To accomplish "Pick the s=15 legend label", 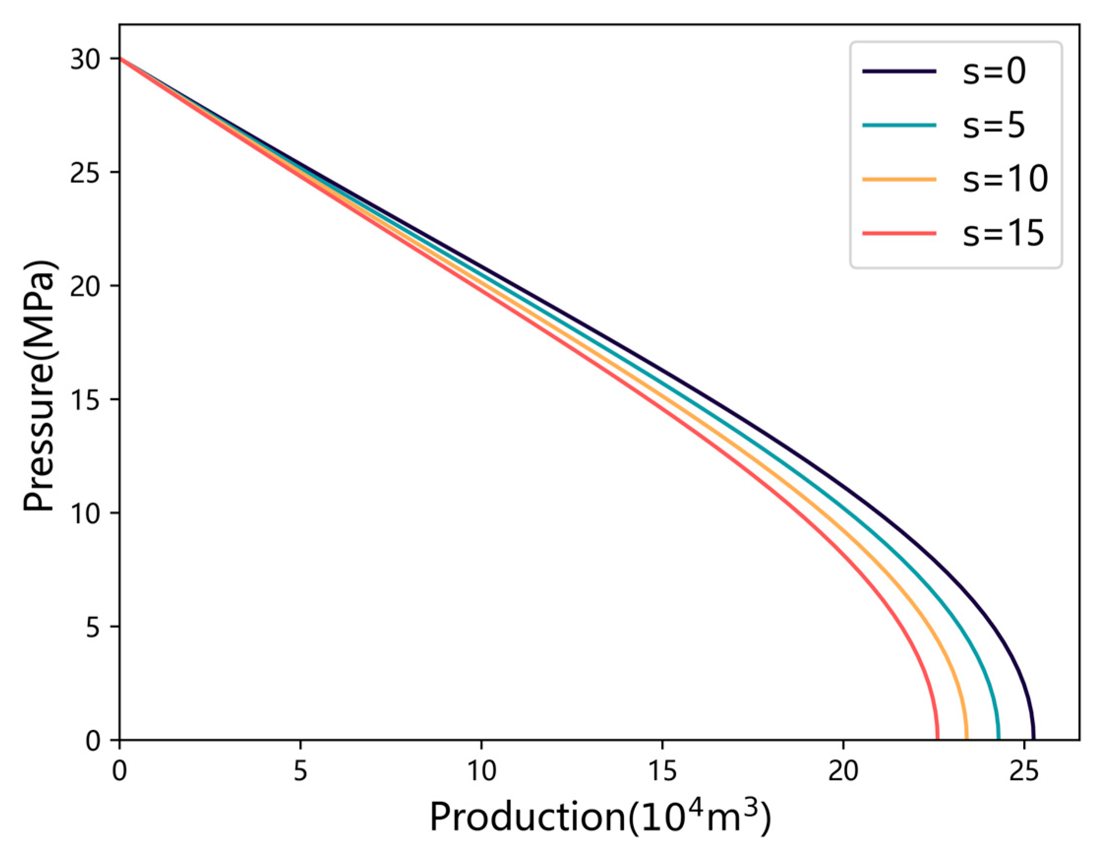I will (1003, 233).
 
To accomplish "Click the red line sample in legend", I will (899, 233).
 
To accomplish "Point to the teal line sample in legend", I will (899, 125).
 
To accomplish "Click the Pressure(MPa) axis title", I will (39, 387).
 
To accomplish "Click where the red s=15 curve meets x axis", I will (937, 739).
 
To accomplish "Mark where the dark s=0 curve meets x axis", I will (1033, 739).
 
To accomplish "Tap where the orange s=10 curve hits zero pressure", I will (966, 739).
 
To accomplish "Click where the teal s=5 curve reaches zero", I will (999, 739).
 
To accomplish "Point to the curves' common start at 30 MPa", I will (120, 59).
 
